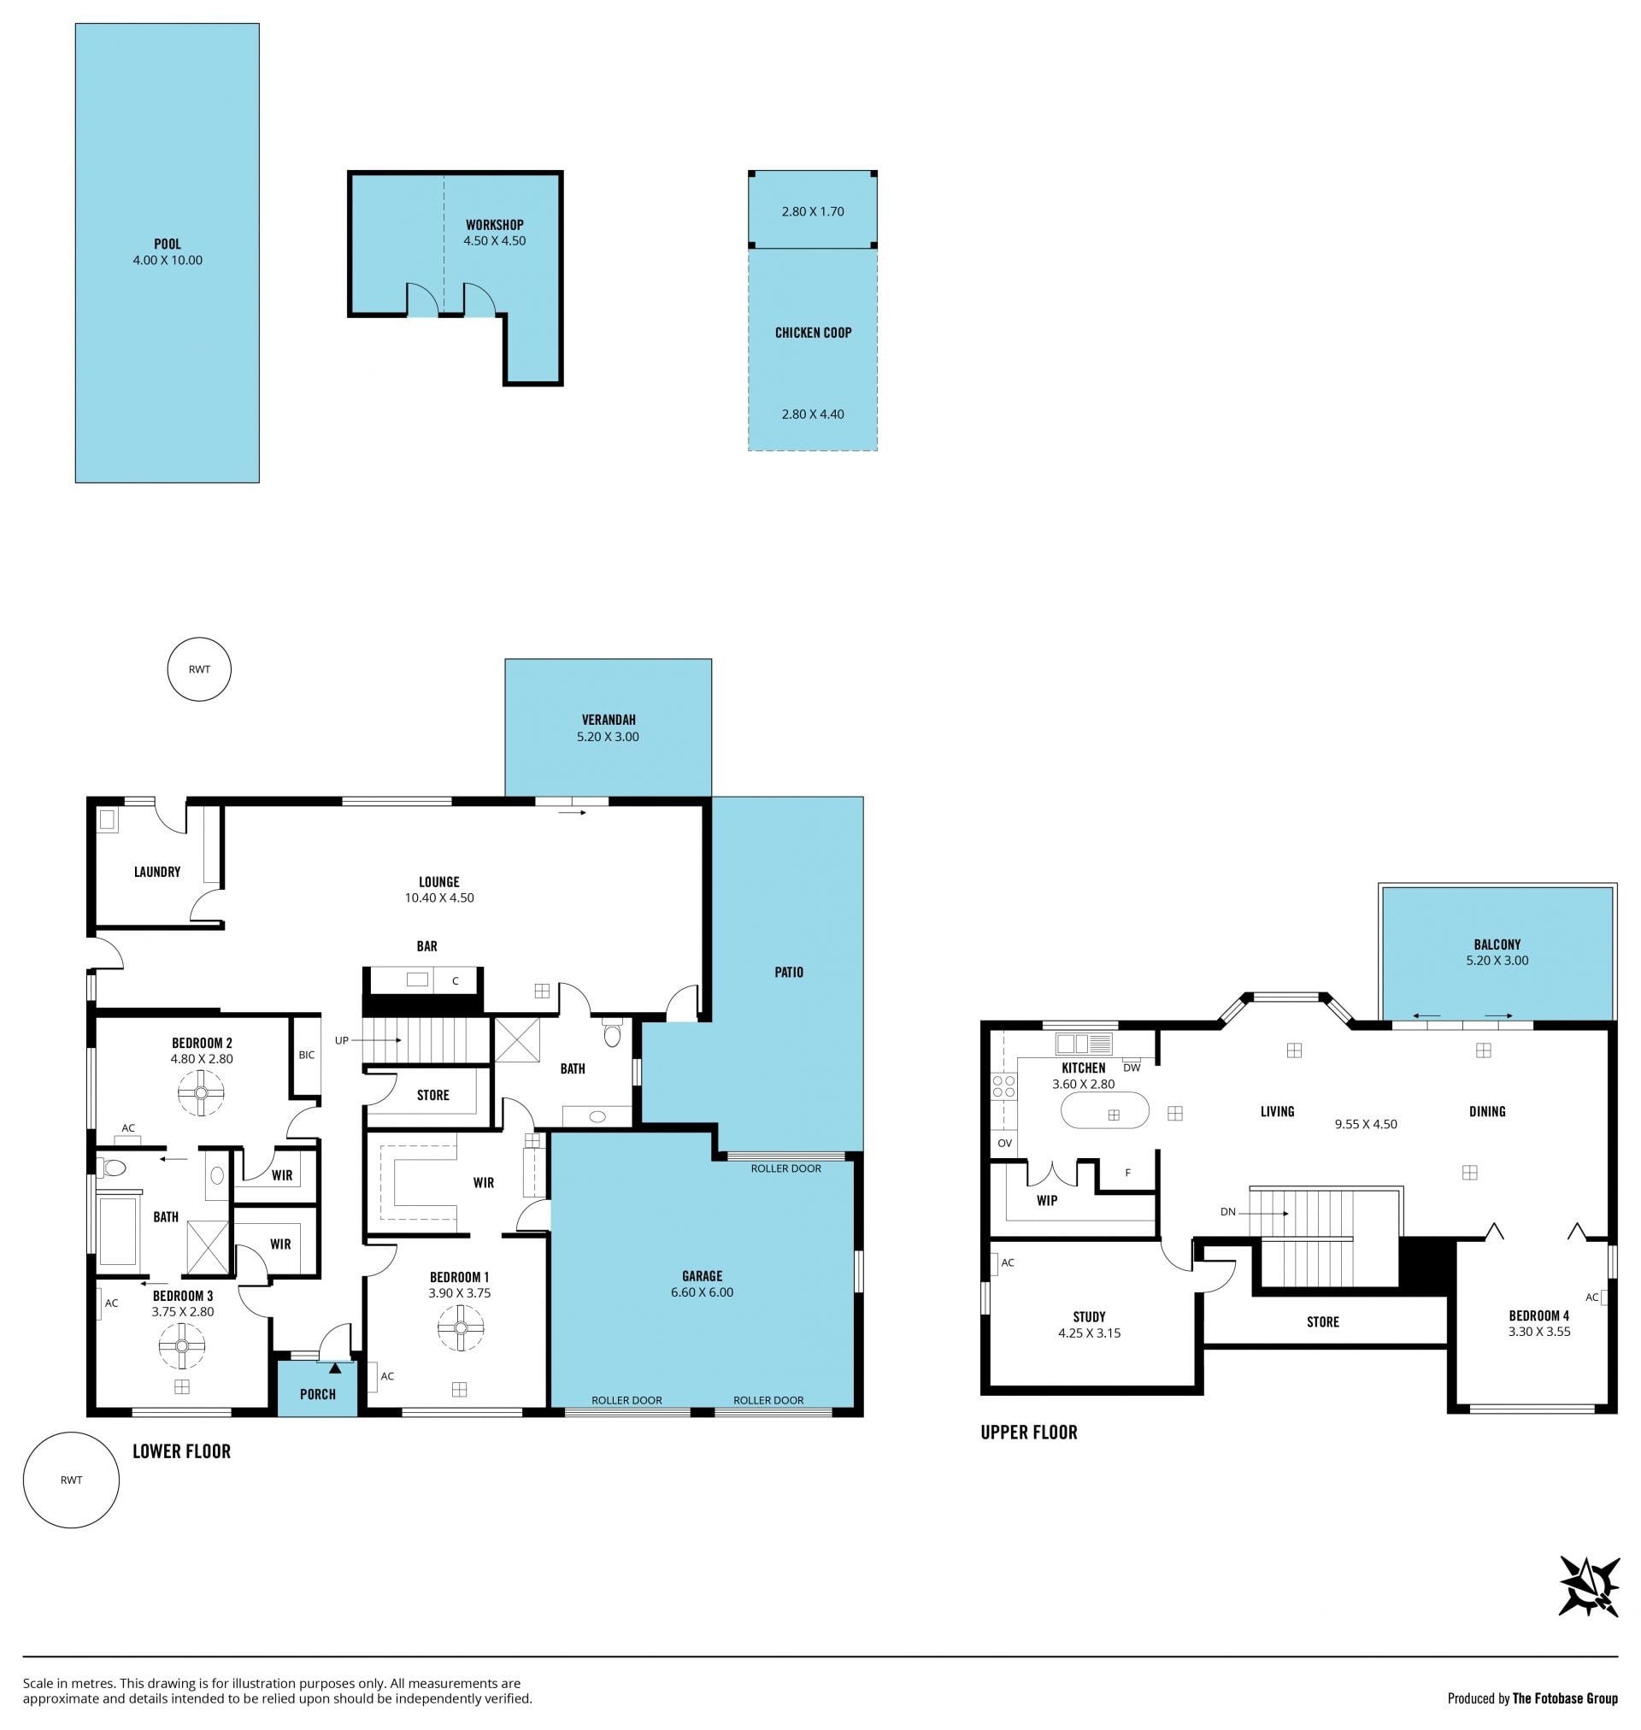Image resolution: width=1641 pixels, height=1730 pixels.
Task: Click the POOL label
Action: coord(167,244)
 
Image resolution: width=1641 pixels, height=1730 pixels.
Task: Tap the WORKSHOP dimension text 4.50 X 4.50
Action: coord(494,240)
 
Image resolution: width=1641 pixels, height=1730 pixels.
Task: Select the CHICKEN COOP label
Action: coord(813,332)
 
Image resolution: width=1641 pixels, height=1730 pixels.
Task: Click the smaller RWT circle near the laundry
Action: coord(199,669)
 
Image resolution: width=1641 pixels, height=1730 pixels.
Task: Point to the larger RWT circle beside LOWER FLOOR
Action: coord(71,1480)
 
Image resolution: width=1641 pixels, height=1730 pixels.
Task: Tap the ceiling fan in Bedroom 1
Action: coord(461,1328)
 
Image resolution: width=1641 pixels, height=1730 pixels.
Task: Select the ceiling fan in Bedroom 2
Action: coord(201,1093)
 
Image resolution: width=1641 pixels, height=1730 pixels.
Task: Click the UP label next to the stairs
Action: coord(341,1040)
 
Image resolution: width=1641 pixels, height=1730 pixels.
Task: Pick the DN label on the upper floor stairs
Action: coord(1228,1211)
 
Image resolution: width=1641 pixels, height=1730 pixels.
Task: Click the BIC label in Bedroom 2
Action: coord(306,1055)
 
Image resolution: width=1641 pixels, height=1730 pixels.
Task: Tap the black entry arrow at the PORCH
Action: coord(335,1367)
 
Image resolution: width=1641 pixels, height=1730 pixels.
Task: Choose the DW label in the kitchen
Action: coord(1131,1067)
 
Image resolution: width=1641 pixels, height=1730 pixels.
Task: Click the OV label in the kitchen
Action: coord(1004,1143)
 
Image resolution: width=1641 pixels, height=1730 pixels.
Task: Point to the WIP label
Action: coord(1046,1200)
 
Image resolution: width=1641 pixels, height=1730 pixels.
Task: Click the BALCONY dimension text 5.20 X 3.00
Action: coord(1497,960)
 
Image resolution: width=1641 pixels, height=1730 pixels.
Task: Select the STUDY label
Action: coord(1089,1316)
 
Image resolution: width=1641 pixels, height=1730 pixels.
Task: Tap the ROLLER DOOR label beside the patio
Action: coord(785,1168)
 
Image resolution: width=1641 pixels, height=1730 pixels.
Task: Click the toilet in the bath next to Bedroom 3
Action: coord(114,1167)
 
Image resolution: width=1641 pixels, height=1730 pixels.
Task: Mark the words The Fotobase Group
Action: coord(1565,1698)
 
